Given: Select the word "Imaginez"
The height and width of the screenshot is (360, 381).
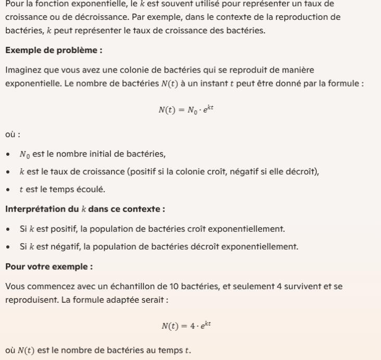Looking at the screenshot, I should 22,70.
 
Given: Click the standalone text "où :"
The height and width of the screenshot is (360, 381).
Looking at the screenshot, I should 12,134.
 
